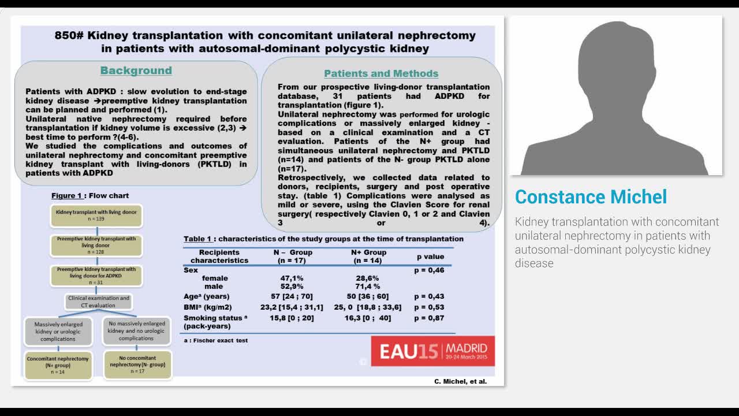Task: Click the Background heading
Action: click(x=136, y=70)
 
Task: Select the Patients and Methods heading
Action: click(x=381, y=73)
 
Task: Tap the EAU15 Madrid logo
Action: click(x=432, y=351)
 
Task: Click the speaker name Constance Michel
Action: click(x=591, y=196)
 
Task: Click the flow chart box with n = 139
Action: click(x=96, y=216)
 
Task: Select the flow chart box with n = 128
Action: click(x=96, y=245)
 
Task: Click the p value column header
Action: click(x=431, y=257)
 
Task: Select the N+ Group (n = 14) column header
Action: click(x=368, y=257)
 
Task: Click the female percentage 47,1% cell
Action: click(x=292, y=278)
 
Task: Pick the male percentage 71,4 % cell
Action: click(x=368, y=287)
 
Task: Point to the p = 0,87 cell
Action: click(x=429, y=318)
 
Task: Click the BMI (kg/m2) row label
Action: click(x=207, y=307)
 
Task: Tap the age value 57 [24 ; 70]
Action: click(x=292, y=296)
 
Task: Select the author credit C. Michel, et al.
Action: click(x=460, y=381)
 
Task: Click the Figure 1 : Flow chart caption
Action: click(x=90, y=196)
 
